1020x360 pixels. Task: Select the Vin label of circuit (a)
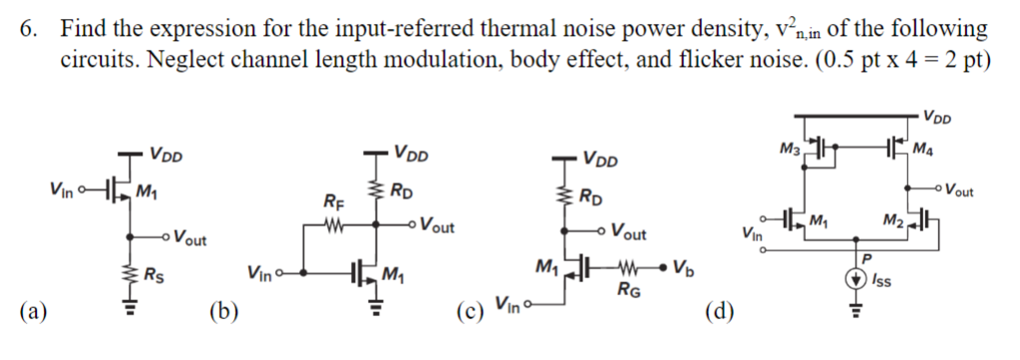click(x=60, y=186)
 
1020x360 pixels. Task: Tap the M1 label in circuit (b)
click(x=393, y=275)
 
